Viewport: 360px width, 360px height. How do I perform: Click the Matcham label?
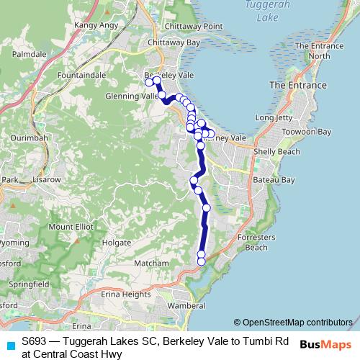coord(150,264)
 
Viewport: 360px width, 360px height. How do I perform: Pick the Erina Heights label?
coord(125,294)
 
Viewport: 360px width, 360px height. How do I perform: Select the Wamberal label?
coord(186,305)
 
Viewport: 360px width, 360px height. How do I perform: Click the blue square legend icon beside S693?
coord(9,345)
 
